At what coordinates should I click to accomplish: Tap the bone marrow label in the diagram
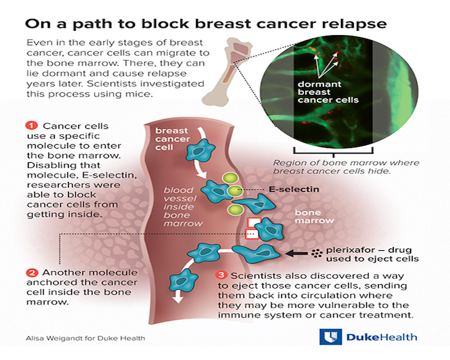pos(314,216)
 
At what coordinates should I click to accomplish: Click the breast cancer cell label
pos(172,139)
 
